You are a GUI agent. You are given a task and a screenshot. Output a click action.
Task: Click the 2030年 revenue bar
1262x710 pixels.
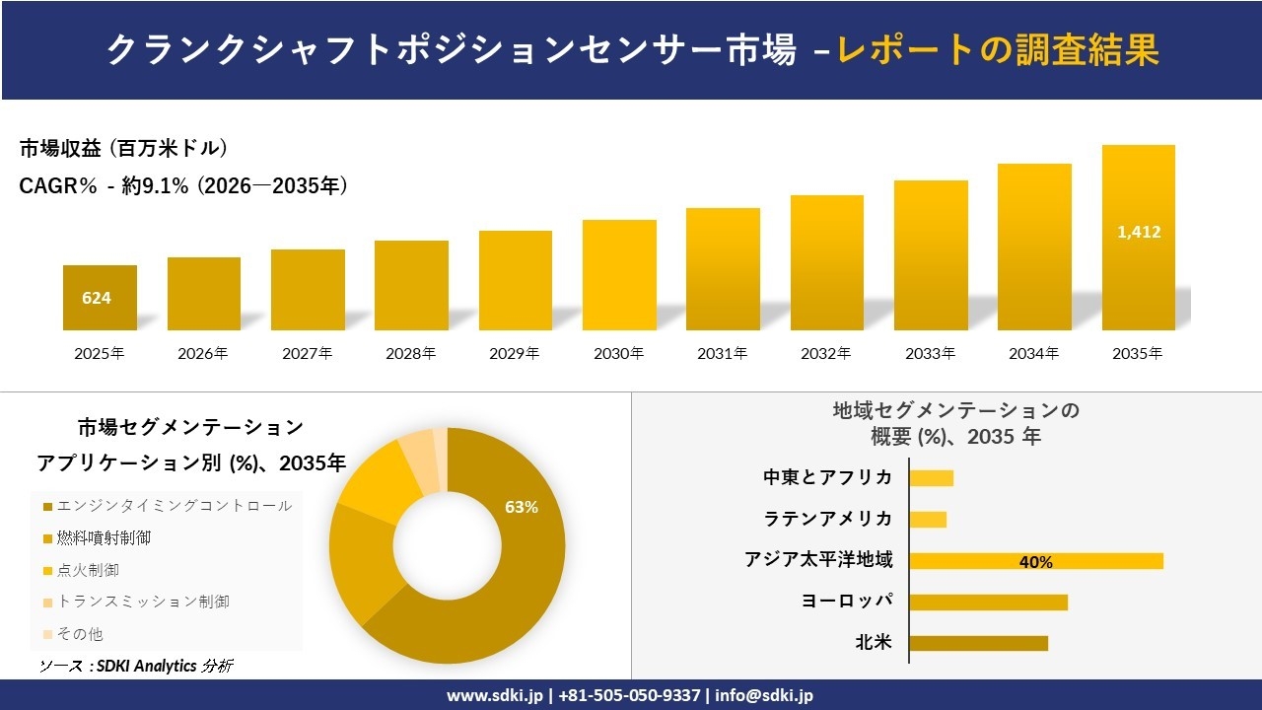point(619,275)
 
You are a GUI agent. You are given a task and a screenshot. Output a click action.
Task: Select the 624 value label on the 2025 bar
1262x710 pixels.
point(97,298)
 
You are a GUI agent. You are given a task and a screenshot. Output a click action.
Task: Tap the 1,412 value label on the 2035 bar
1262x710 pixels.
point(1139,233)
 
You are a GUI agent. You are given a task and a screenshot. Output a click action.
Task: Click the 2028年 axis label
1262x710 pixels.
point(411,353)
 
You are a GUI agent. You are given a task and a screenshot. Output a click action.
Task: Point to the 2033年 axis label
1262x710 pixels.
point(931,353)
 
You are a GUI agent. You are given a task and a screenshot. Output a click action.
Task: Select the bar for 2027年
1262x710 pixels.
point(308,290)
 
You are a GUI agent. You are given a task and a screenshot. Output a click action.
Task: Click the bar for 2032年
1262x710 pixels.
point(826,263)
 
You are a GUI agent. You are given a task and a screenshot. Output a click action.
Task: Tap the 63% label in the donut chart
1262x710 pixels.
point(522,507)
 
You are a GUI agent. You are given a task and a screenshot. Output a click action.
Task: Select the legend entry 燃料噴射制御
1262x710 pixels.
point(104,538)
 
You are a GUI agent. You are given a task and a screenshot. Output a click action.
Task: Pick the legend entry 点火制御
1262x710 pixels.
point(88,570)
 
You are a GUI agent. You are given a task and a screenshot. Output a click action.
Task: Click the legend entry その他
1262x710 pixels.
point(80,634)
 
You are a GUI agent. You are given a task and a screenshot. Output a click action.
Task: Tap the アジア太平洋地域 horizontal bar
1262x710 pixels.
point(1035,561)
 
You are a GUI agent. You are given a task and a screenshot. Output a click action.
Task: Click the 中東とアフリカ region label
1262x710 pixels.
point(827,477)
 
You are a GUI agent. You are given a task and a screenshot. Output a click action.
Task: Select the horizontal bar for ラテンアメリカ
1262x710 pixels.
point(928,519)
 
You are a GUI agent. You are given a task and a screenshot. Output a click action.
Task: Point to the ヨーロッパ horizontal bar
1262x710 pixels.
point(988,602)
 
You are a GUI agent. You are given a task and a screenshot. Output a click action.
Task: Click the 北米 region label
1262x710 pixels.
point(874,643)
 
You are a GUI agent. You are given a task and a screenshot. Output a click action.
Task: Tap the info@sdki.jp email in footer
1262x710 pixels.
point(764,695)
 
